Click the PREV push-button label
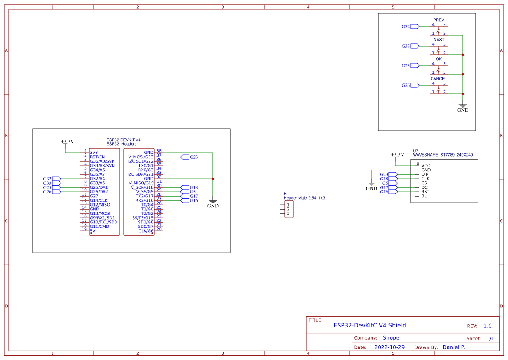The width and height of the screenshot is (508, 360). point(438,20)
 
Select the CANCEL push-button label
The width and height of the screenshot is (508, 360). point(438,79)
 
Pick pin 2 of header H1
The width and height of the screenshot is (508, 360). point(288,209)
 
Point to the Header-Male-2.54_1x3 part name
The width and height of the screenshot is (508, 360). point(304,198)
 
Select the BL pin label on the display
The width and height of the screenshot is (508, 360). point(424,196)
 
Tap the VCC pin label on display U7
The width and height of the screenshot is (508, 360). point(425,166)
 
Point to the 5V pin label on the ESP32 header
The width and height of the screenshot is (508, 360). point(93,231)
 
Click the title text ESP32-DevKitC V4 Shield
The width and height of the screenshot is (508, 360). point(369,325)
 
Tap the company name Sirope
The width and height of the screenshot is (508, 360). point(391,338)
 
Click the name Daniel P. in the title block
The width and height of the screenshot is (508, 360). point(453,347)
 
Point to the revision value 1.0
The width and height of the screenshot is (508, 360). point(487,326)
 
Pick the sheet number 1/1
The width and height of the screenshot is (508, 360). point(490,338)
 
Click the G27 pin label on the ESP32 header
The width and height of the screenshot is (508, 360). point(94,196)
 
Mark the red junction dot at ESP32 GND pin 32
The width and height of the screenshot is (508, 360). point(212,179)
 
